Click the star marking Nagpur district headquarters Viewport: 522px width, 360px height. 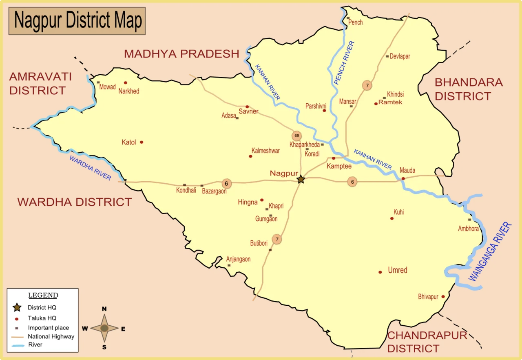[x=301, y=179]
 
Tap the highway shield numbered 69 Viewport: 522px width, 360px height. [x=296, y=136]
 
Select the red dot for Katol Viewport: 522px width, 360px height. [x=142, y=142]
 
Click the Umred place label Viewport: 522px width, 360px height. [x=398, y=270]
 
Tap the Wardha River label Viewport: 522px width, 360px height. [x=90, y=168]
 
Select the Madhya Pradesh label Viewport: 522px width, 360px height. [x=181, y=54]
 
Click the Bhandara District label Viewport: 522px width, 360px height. [x=468, y=89]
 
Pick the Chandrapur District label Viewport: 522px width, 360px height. [x=427, y=342]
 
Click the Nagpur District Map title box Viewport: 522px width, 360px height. [x=77, y=21]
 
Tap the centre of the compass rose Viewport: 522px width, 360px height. [x=104, y=328]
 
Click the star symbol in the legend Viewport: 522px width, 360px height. [x=17, y=307]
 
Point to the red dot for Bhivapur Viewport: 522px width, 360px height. [x=443, y=296]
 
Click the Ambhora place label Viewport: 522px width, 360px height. [x=468, y=229]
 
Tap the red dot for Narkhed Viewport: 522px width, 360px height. [x=126, y=83]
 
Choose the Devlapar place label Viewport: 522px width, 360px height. [x=400, y=56]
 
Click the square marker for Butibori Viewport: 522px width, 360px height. [x=270, y=250]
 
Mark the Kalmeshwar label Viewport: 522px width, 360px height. [x=265, y=151]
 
